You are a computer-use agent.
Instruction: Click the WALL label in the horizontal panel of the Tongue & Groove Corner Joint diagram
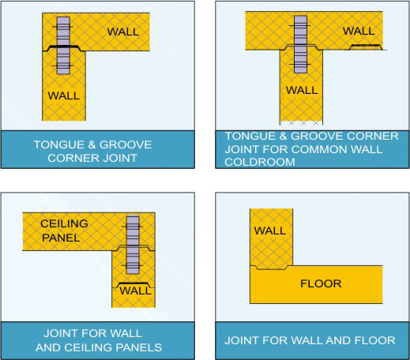pyautogui.click(x=123, y=32)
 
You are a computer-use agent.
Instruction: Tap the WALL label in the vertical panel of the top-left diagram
pyautogui.click(x=64, y=96)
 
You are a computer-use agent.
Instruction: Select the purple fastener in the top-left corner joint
pyautogui.click(x=63, y=46)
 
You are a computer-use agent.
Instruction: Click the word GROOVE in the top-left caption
pyautogui.click(x=126, y=144)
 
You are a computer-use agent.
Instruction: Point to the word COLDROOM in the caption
pyautogui.click(x=260, y=162)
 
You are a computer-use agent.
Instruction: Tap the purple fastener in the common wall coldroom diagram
pyautogui.click(x=300, y=44)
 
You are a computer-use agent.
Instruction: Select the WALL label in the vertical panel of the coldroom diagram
pyautogui.click(x=302, y=90)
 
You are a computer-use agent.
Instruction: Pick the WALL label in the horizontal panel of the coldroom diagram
pyautogui.click(x=359, y=31)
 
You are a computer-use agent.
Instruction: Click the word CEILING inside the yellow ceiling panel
pyautogui.click(x=64, y=223)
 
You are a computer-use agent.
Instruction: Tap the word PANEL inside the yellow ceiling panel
pyautogui.click(x=61, y=238)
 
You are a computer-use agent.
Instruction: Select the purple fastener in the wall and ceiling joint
pyautogui.click(x=133, y=245)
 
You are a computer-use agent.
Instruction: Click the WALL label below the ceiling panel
pyautogui.click(x=135, y=291)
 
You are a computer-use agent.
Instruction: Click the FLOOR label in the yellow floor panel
pyautogui.click(x=321, y=283)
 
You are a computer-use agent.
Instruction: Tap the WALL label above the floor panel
pyautogui.click(x=270, y=231)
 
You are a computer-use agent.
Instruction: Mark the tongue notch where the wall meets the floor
pyautogui.click(x=271, y=268)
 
